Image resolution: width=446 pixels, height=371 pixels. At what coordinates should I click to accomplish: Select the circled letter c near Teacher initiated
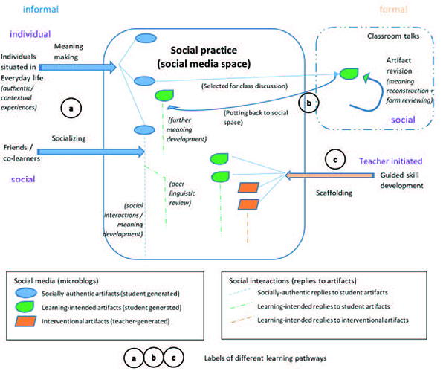(x=335, y=158)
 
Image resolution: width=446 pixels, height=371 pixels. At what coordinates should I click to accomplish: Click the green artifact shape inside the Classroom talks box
(x=348, y=74)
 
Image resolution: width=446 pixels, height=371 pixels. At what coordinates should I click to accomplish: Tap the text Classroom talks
(x=392, y=37)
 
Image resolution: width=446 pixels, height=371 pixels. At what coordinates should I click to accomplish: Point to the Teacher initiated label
(x=392, y=160)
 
